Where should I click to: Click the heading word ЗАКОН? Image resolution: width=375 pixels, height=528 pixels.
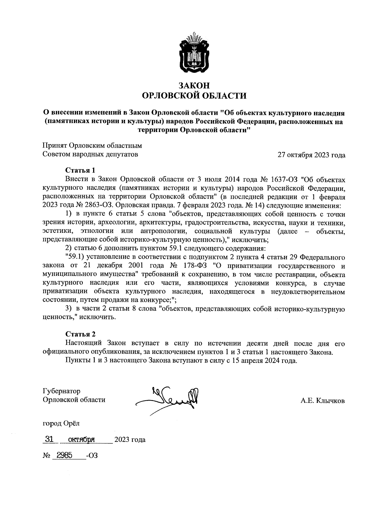194,86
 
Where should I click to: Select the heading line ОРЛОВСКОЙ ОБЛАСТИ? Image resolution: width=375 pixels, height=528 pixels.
194,96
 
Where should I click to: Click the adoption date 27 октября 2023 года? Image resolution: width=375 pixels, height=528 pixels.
312,155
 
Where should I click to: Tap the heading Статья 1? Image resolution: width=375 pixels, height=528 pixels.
80,170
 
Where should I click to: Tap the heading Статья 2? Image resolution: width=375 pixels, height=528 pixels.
80,335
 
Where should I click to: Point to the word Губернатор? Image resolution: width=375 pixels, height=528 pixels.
61,391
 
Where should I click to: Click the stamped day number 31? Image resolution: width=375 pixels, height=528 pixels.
49,439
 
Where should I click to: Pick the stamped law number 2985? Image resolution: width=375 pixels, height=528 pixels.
62,455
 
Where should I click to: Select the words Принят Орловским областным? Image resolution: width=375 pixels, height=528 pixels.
92,146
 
